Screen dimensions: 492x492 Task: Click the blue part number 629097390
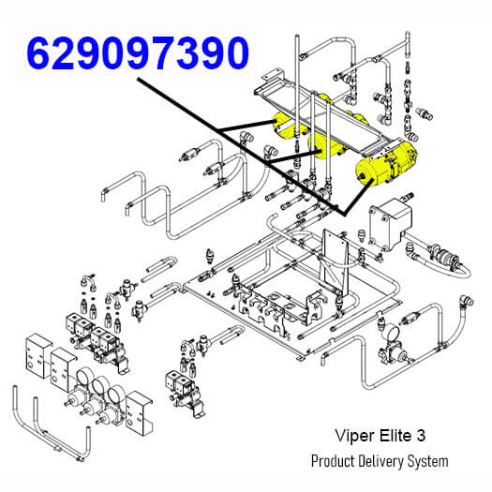click(x=138, y=52)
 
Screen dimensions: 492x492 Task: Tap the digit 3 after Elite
click(x=421, y=436)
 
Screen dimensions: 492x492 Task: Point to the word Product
click(x=333, y=461)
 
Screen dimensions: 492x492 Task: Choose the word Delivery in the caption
click(x=380, y=462)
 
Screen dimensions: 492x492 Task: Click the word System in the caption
click(x=427, y=462)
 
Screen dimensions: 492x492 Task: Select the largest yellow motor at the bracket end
click(x=386, y=164)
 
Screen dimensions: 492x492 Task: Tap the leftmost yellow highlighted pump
click(x=287, y=127)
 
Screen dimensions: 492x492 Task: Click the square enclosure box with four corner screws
click(x=390, y=224)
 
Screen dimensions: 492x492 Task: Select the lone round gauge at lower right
click(x=391, y=335)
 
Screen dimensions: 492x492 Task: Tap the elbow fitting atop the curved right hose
click(x=467, y=302)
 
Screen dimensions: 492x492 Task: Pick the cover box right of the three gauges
click(x=138, y=413)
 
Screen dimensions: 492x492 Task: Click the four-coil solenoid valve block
click(x=95, y=341)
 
